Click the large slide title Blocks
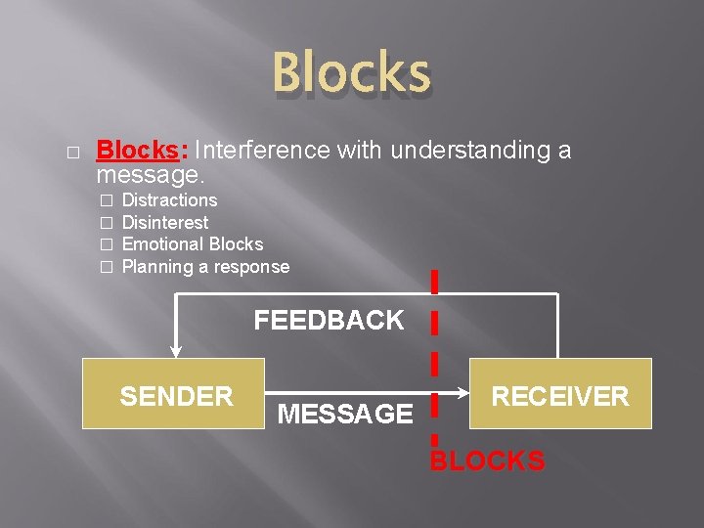click(x=351, y=74)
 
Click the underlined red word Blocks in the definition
click(x=136, y=151)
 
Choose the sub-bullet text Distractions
click(x=169, y=200)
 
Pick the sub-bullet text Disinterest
click(x=164, y=223)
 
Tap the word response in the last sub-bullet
click(x=252, y=267)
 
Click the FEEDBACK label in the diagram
click(x=329, y=321)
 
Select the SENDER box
click(x=173, y=394)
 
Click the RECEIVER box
click(x=560, y=394)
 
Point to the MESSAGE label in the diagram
click(x=345, y=415)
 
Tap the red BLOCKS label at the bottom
click(x=487, y=461)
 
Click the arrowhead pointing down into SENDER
click(x=176, y=351)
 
